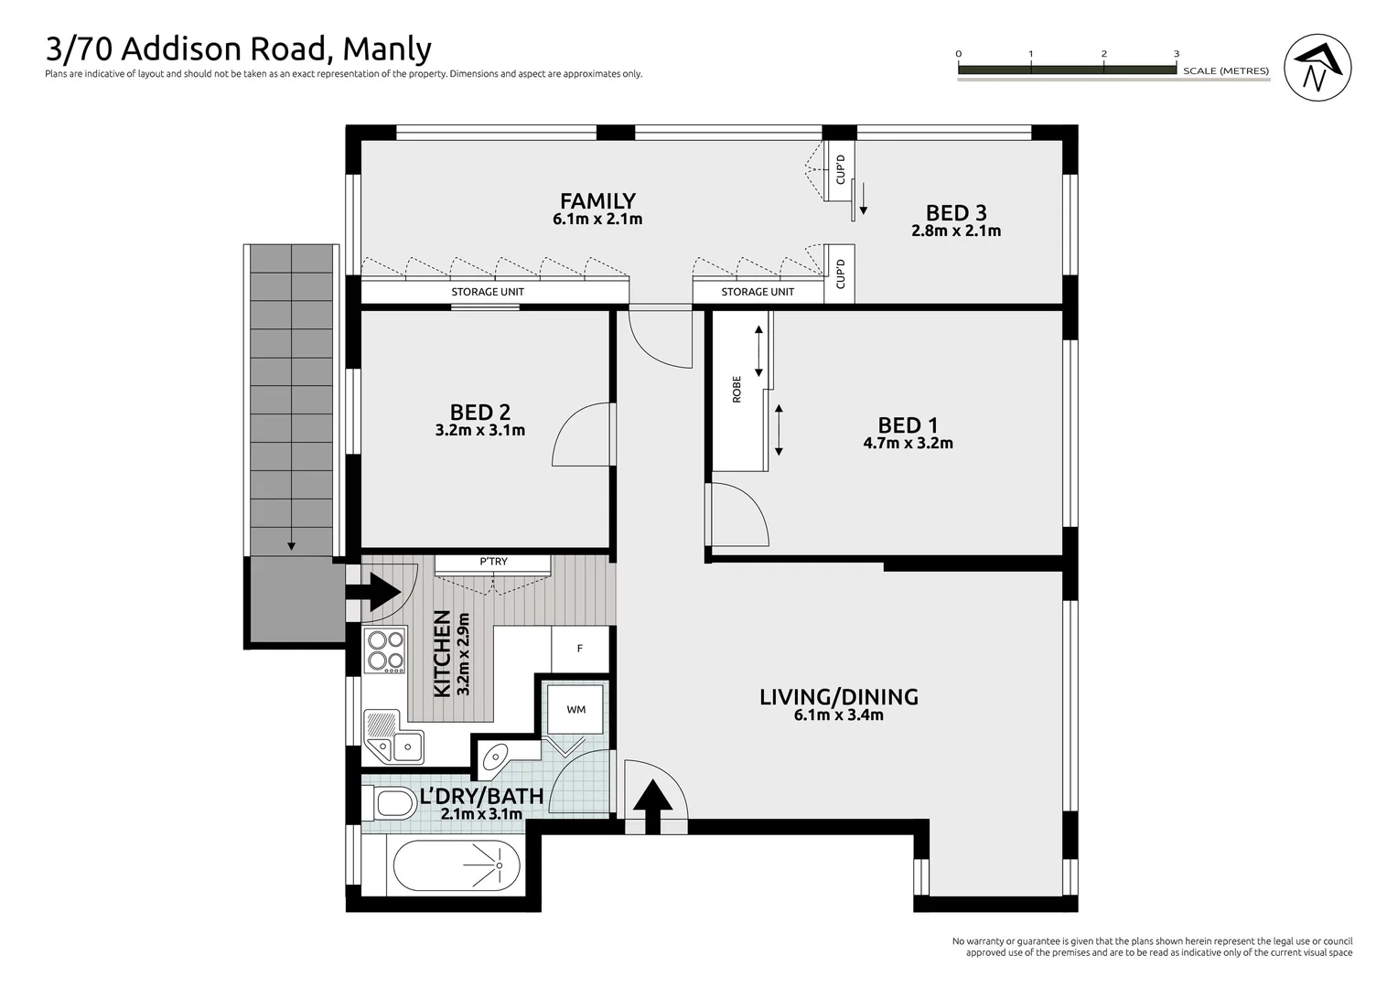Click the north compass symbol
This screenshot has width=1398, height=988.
pos(1317,68)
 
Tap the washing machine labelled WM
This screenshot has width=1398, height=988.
pos(575,709)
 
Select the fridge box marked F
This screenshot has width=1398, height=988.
pos(580,649)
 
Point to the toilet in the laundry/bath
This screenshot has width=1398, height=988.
pos(393,804)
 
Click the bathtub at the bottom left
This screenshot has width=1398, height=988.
pos(457,866)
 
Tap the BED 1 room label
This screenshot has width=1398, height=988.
pos(908,425)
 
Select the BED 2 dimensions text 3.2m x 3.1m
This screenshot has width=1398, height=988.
pos(480,430)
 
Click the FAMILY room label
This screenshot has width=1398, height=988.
pos(597,200)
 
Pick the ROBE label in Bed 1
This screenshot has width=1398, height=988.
pos(737,390)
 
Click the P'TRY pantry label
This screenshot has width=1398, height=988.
pos(493,562)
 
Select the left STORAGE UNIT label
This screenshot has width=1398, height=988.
pos(488,292)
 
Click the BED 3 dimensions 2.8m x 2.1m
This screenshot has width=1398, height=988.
pos(956,231)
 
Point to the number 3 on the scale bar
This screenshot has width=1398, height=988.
pos(1177,54)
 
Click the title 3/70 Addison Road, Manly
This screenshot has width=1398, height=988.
pos(238,48)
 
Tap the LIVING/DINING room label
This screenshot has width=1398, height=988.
pos(839,697)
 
